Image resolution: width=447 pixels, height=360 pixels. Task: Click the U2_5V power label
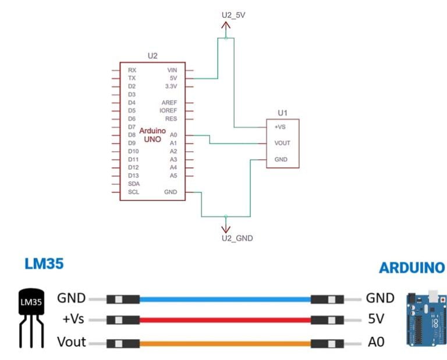point(233,14)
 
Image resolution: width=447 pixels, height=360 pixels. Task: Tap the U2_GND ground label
point(237,238)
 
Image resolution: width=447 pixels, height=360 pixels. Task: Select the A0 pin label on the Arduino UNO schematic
point(173,135)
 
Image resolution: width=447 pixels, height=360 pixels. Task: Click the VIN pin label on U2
point(172,70)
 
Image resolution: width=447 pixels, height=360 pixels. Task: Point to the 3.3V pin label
point(171,86)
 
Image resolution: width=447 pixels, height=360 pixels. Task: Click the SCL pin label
point(133,192)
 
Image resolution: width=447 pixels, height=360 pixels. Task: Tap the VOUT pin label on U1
point(282,143)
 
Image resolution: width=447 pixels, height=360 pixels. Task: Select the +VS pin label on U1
point(280,126)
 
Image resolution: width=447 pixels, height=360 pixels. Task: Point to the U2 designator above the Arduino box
point(152,56)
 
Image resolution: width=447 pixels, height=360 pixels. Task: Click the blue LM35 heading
point(44,264)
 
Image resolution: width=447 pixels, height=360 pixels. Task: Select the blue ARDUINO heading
point(411,268)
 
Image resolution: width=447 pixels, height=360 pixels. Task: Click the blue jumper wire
point(225,300)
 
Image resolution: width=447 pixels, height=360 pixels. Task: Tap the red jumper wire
point(225,320)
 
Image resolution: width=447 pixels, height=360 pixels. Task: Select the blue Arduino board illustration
point(426,320)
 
